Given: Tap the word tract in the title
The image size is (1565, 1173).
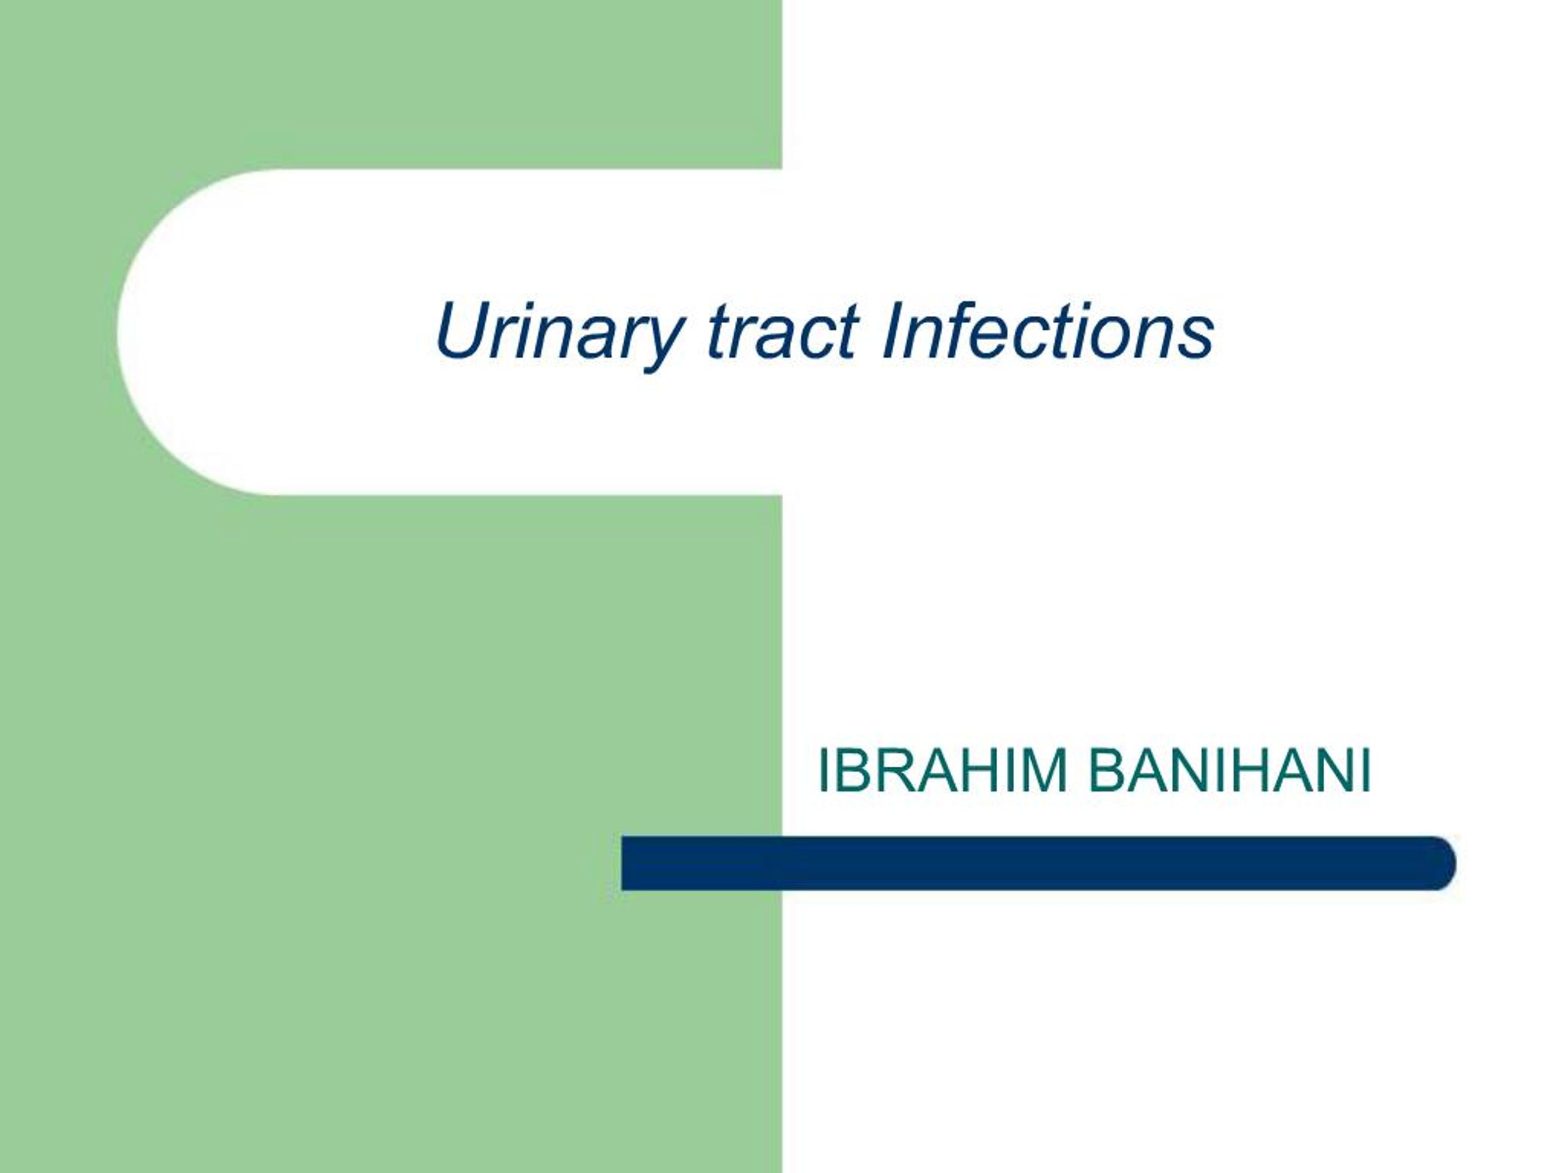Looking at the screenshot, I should (782, 332).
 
